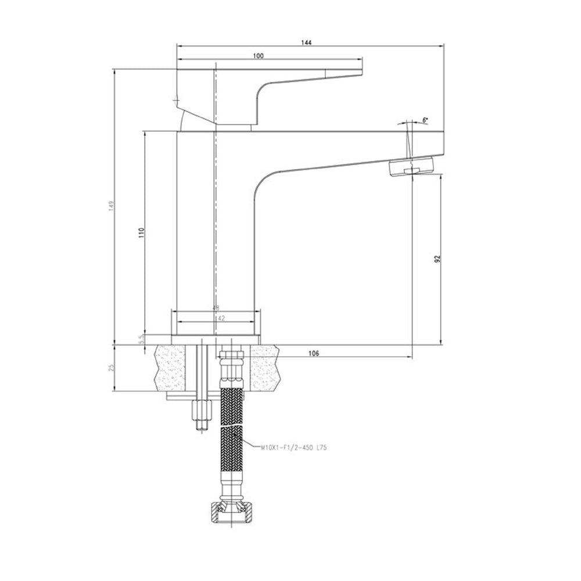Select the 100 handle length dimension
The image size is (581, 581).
tap(259, 56)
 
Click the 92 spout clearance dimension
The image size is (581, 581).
tap(437, 258)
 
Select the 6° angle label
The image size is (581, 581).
tap(425, 120)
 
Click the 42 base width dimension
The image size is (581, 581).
tap(216, 318)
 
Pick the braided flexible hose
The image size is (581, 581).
tap(231, 442)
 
